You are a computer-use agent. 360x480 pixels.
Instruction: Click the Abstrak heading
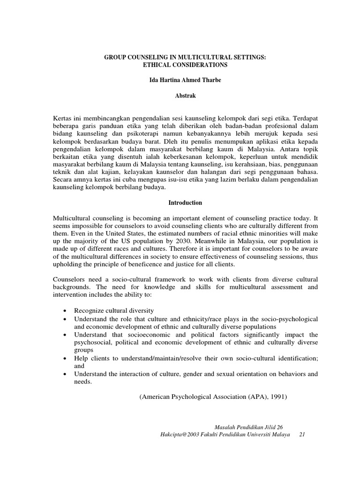pos(185,96)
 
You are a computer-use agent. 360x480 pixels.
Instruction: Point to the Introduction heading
pos(185,203)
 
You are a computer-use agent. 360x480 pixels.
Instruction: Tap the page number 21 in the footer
pos(302,435)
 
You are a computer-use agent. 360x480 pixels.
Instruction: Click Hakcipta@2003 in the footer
pos(180,435)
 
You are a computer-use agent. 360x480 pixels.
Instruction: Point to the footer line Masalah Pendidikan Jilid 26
pos(248,427)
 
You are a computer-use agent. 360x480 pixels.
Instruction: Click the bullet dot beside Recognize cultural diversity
pos(64,311)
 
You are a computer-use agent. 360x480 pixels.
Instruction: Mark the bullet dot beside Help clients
pos(64,359)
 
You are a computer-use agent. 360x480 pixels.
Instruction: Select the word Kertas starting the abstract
pos(62,119)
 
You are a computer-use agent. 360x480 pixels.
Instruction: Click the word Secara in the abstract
pos(63,180)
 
